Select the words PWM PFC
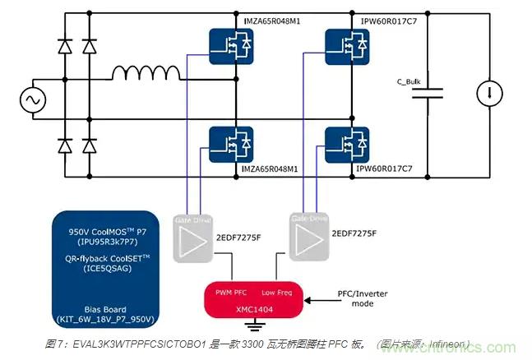tap(232, 293)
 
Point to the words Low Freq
tap(278, 293)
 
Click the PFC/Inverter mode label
tap(362, 297)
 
